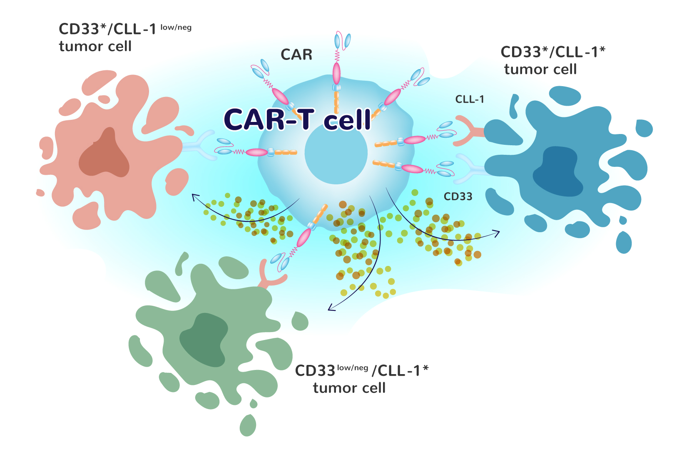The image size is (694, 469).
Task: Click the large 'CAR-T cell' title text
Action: pyautogui.click(x=297, y=119)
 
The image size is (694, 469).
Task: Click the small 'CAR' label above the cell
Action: pyautogui.click(x=296, y=55)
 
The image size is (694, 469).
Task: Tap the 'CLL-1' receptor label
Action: pyautogui.click(x=469, y=99)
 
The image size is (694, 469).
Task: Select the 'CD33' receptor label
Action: pyautogui.click(x=458, y=196)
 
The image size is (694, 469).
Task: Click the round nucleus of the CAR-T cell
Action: pyautogui.click(x=336, y=153)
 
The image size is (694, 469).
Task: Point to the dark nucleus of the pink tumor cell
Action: pyautogui.click(x=104, y=153)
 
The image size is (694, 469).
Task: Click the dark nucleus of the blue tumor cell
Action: pyautogui.click(x=558, y=171)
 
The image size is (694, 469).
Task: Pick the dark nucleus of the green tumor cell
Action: pyautogui.click(x=204, y=340)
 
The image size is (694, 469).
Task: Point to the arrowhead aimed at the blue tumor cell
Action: pyautogui.click(x=496, y=233)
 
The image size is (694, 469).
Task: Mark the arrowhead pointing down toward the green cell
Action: pyautogui.click(x=331, y=307)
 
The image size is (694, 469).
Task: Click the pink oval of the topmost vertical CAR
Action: pyautogui.click(x=336, y=73)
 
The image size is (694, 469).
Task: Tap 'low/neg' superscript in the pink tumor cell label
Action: pyautogui.click(x=176, y=27)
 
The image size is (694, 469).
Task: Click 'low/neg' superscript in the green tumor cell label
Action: pyautogui.click(x=353, y=368)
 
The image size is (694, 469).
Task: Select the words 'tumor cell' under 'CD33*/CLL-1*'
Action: pyautogui.click(x=540, y=69)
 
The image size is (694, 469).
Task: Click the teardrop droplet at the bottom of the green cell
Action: pyautogui.click(x=248, y=425)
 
